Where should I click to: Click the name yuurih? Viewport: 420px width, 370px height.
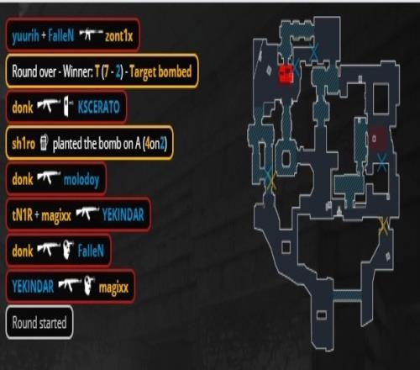[25, 36]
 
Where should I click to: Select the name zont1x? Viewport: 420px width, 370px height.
[118, 36]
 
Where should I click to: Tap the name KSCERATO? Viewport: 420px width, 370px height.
[98, 107]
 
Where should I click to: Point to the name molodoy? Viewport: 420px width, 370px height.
[81, 180]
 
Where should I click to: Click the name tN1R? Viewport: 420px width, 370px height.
[22, 215]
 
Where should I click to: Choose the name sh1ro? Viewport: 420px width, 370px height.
[24, 144]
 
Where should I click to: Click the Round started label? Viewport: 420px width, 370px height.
[39, 322]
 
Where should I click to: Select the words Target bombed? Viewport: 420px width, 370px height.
[160, 71]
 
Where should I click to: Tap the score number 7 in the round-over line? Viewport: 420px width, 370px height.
[106, 71]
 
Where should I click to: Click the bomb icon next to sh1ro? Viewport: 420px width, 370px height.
[44, 142]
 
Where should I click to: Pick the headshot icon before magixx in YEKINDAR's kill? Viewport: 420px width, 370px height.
[89, 285]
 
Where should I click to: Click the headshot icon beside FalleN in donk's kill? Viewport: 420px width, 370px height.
[68, 249]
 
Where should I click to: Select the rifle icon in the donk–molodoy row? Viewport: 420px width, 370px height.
[49, 177]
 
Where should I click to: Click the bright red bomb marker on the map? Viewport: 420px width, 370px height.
[286, 74]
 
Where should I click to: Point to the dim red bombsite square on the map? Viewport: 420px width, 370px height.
[378, 138]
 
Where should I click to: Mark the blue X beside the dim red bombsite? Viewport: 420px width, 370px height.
[381, 162]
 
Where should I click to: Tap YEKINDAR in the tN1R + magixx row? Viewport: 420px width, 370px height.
[123, 215]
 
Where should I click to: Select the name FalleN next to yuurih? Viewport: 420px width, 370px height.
[60, 36]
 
